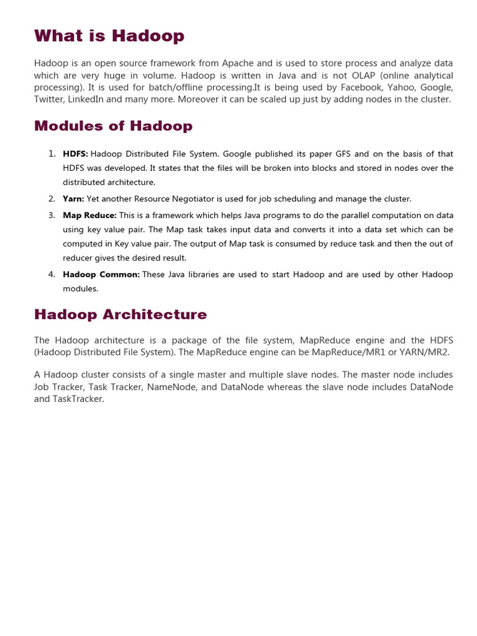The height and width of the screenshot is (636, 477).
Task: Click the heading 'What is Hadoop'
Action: click(x=109, y=36)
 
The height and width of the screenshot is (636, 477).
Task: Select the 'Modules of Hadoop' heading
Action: click(x=113, y=126)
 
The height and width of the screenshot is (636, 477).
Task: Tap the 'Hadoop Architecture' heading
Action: click(x=120, y=314)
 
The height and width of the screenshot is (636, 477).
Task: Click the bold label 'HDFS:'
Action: click(x=75, y=153)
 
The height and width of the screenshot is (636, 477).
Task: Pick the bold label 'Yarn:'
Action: click(x=73, y=199)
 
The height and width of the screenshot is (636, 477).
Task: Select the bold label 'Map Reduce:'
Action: click(x=89, y=215)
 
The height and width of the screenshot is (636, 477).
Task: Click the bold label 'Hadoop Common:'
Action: click(x=101, y=274)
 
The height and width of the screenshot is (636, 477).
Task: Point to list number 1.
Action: click(x=52, y=153)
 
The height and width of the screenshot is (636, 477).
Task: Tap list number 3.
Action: click(x=52, y=215)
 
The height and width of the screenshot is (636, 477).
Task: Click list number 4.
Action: click(x=52, y=274)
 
